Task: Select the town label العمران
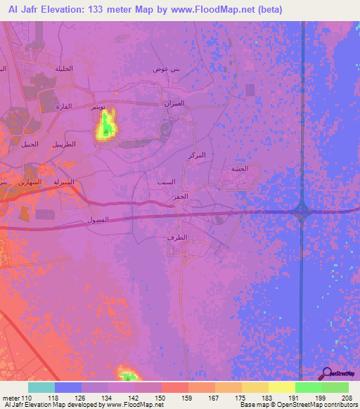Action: [174, 103]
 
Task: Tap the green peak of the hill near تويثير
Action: [105, 129]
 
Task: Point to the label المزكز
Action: [198, 154]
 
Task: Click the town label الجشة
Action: [239, 169]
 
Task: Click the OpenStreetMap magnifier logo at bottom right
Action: [327, 374]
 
